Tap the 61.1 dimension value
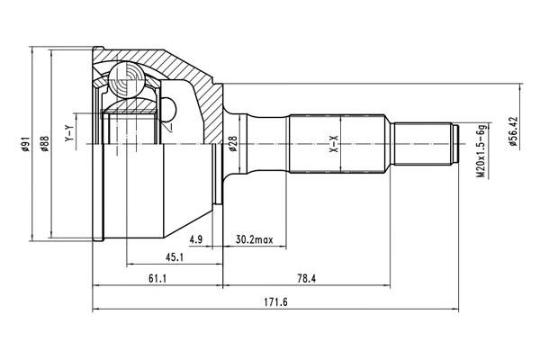pyautogui.click(x=157, y=277)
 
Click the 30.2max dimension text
pyautogui.click(x=254, y=241)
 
